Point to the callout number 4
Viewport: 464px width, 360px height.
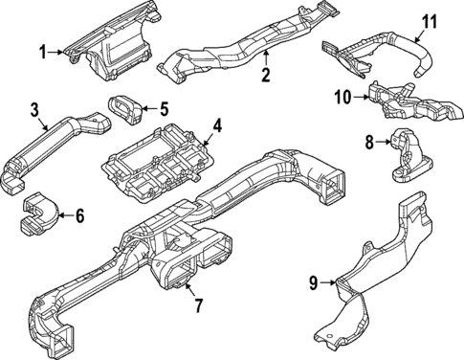217,124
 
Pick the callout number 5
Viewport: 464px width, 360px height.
163,108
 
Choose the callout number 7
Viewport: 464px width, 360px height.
198,305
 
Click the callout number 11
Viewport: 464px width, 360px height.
430,20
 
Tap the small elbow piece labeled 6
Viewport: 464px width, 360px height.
36,213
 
